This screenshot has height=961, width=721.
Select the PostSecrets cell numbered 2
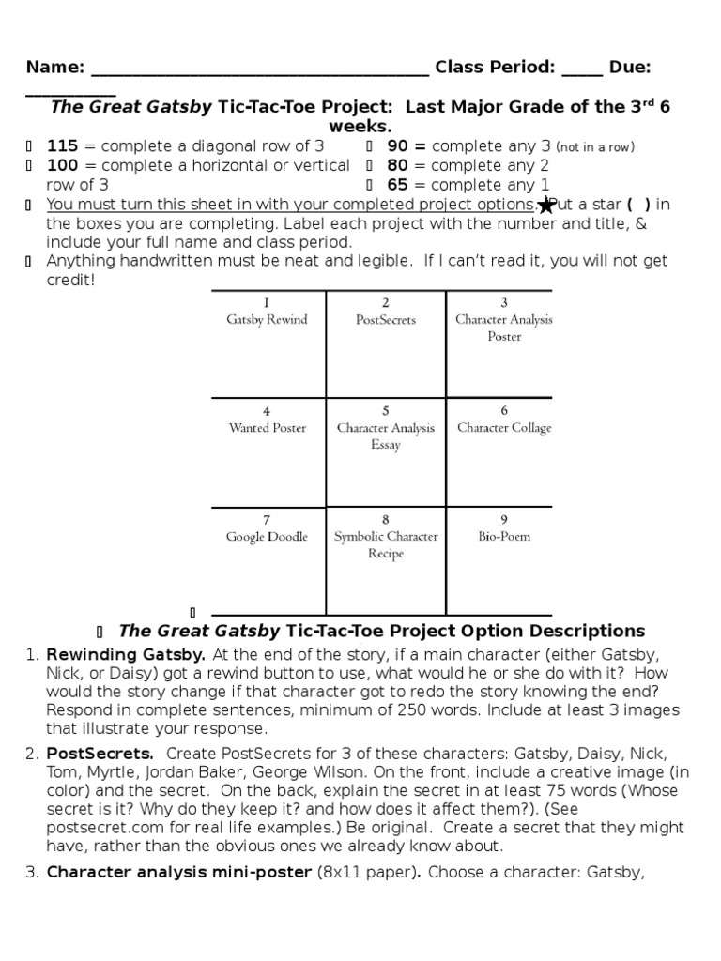(x=385, y=343)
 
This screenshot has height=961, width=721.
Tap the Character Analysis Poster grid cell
(x=504, y=343)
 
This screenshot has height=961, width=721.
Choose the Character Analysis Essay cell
(x=385, y=451)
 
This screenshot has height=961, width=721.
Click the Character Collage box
(x=504, y=451)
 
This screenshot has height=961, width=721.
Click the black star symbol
(x=545, y=206)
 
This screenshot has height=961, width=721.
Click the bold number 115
(x=62, y=145)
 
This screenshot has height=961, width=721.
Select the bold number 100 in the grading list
(x=62, y=165)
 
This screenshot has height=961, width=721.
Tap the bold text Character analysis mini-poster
(x=178, y=872)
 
